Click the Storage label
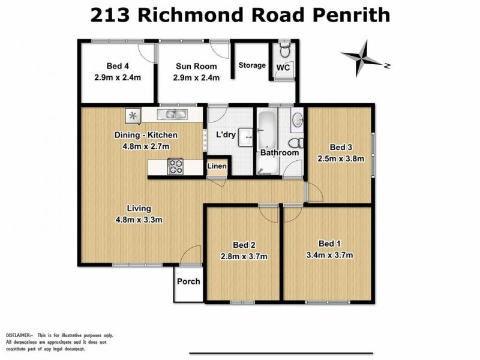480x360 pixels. click(252, 65)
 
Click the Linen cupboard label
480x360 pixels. click(217, 167)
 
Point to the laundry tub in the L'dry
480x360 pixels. click(246, 137)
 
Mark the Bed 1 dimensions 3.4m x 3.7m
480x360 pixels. click(326, 254)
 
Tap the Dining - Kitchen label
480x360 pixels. click(143, 136)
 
